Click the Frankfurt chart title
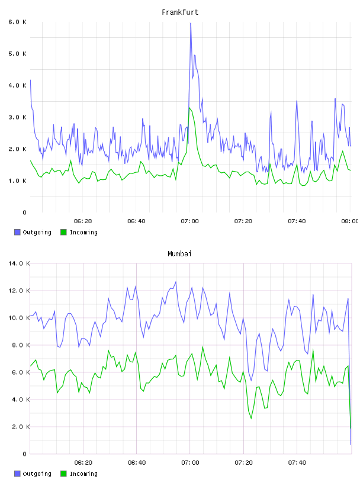(180, 12)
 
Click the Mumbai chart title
(179, 254)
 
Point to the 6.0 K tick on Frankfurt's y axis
(18, 22)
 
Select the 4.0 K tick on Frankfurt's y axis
(18, 85)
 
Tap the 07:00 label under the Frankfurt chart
(189, 221)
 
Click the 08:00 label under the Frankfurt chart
(350, 221)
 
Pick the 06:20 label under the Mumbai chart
(83, 463)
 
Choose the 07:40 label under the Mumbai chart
(297, 463)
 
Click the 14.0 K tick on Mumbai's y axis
(19, 263)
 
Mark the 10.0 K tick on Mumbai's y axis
(19, 318)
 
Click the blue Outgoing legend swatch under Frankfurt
(17, 232)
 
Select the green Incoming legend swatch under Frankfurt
(63, 232)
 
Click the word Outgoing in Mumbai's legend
(37, 474)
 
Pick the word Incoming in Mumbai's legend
(83, 474)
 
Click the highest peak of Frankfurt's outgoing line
(191, 23)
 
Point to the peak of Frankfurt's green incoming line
(189, 108)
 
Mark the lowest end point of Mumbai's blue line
(351, 445)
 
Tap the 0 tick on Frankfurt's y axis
(25, 212)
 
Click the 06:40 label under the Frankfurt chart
(136, 221)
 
